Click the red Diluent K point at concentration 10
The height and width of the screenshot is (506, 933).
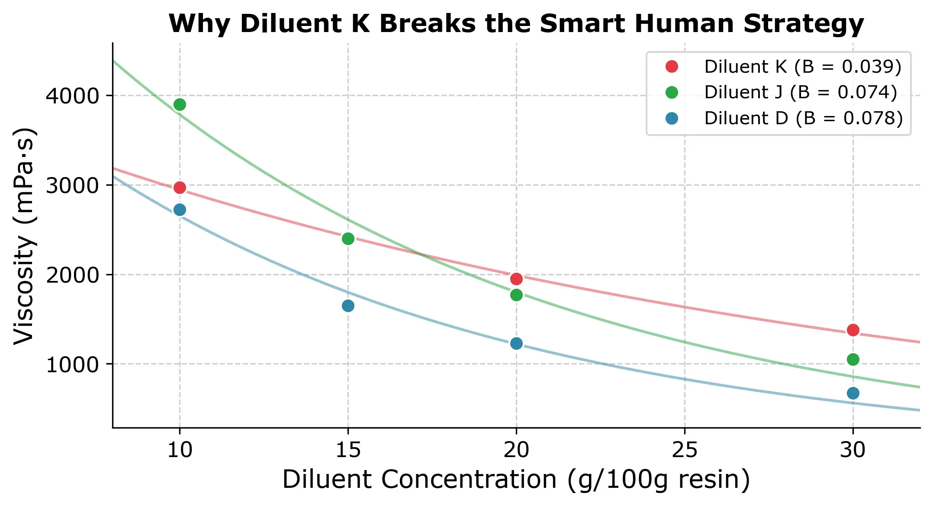(180, 188)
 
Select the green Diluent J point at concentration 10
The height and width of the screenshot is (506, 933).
(180, 105)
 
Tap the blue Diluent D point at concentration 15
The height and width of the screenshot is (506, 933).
(348, 306)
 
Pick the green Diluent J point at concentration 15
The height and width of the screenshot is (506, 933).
(348, 239)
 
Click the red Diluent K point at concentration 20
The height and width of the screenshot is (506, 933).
(516, 279)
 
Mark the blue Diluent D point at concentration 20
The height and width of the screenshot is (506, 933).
(516, 344)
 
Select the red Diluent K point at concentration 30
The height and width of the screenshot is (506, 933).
(853, 330)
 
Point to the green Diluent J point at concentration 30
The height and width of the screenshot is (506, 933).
(853, 360)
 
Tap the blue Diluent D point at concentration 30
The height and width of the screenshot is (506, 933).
(853, 393)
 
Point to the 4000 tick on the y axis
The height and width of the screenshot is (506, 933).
(72, 96)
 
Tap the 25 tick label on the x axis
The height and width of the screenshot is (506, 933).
(684, 450)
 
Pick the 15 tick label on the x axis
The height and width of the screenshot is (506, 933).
(348, 450)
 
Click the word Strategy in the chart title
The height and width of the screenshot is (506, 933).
(803, 24)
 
